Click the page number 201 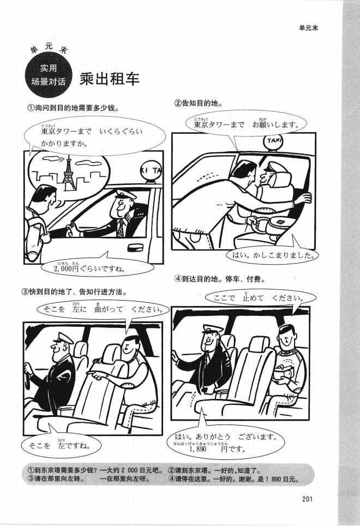(305, 497)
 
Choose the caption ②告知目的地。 (198, 103)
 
